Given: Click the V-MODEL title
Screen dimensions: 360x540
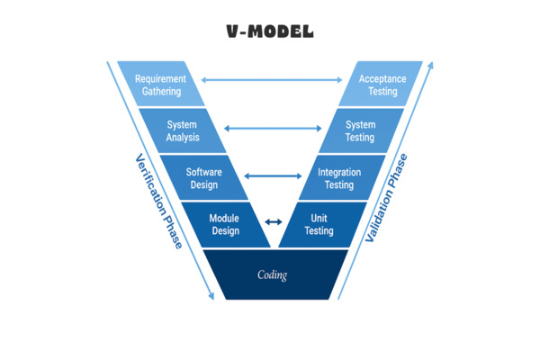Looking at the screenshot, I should tap(270, 31).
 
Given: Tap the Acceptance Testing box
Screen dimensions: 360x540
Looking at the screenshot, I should tap(382, 85).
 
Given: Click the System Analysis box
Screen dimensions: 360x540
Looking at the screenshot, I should tap(183, 131).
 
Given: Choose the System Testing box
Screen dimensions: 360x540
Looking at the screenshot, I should tap(360, 131).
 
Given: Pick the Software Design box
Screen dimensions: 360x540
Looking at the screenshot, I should tap(203, 178).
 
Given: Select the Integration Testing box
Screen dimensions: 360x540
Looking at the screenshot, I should tap(338, 178).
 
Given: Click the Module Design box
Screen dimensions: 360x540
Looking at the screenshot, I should tap(224, 224).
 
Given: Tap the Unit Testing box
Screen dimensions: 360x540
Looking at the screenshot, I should tap(319, 224).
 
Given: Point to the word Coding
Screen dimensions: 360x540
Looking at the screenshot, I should tap(272, 274).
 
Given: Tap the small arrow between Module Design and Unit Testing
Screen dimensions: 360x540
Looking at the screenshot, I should tap(273, 222).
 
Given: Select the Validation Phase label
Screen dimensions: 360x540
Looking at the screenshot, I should tap(386, 198).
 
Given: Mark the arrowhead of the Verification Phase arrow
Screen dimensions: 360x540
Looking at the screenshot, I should tap(212, 295).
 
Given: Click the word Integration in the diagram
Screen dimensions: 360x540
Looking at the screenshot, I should tap(339, 172).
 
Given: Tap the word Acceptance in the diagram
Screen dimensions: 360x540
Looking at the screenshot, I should tap(382, 78).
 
